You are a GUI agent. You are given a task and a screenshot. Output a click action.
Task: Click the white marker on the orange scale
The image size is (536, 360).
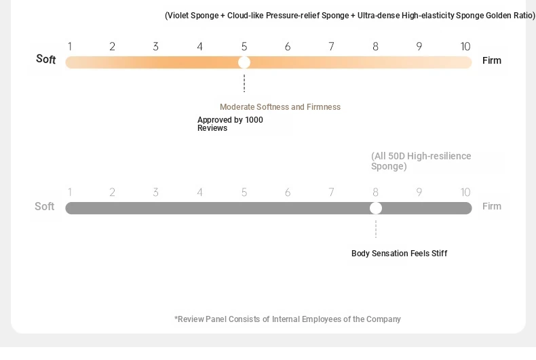click(244, 62)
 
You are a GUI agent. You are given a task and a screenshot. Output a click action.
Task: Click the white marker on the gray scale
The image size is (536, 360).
click(376, 208)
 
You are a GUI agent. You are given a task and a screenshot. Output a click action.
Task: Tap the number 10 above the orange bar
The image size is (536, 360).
click(465, 47)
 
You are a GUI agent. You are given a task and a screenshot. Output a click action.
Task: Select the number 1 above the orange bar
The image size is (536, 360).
click(70, 47)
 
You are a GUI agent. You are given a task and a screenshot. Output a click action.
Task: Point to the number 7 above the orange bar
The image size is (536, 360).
click(331, 47)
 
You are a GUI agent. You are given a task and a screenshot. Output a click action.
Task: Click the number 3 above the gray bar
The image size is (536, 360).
click(155, 193)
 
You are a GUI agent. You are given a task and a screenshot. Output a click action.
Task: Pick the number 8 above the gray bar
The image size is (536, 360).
click(375, 193)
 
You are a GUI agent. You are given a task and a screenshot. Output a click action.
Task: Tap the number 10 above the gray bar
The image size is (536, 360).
click(465, 193)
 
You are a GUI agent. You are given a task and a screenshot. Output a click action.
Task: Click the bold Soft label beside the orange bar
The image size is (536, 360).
click(46, 59)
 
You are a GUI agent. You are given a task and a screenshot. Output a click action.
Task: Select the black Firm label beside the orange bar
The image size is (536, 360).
click(492, 60)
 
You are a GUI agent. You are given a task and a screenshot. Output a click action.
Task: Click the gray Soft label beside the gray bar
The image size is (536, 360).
click(44, 206)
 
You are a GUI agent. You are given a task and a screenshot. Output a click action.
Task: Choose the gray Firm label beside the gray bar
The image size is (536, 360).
click(492, 206)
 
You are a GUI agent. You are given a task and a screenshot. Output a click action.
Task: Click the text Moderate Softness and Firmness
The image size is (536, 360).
click(280, 107)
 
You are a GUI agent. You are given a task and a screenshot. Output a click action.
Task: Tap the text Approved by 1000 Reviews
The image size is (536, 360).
click(230, 124)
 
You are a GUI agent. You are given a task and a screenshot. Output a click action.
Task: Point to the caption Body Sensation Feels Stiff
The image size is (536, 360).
click(399, 254)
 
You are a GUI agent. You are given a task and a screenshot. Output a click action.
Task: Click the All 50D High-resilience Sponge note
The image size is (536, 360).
click(421, 161)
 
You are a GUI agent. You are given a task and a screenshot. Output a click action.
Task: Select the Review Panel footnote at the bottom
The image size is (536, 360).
click(288, 319)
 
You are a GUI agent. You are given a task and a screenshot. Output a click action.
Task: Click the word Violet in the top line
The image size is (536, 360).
click(178, 16)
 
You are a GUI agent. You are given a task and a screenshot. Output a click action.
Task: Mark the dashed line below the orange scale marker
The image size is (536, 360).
click(244, 83)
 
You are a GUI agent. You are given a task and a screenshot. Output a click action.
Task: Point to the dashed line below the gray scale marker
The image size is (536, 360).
click(376, 229)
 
